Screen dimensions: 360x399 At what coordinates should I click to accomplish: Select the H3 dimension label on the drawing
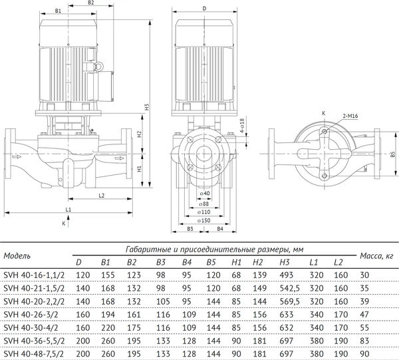coord(146,107)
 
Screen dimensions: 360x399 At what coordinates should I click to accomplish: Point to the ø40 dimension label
coord(205,193)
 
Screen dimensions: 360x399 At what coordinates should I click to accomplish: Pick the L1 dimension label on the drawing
coord(68,210)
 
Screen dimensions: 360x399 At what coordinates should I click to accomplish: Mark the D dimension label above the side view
coord(204,9)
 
